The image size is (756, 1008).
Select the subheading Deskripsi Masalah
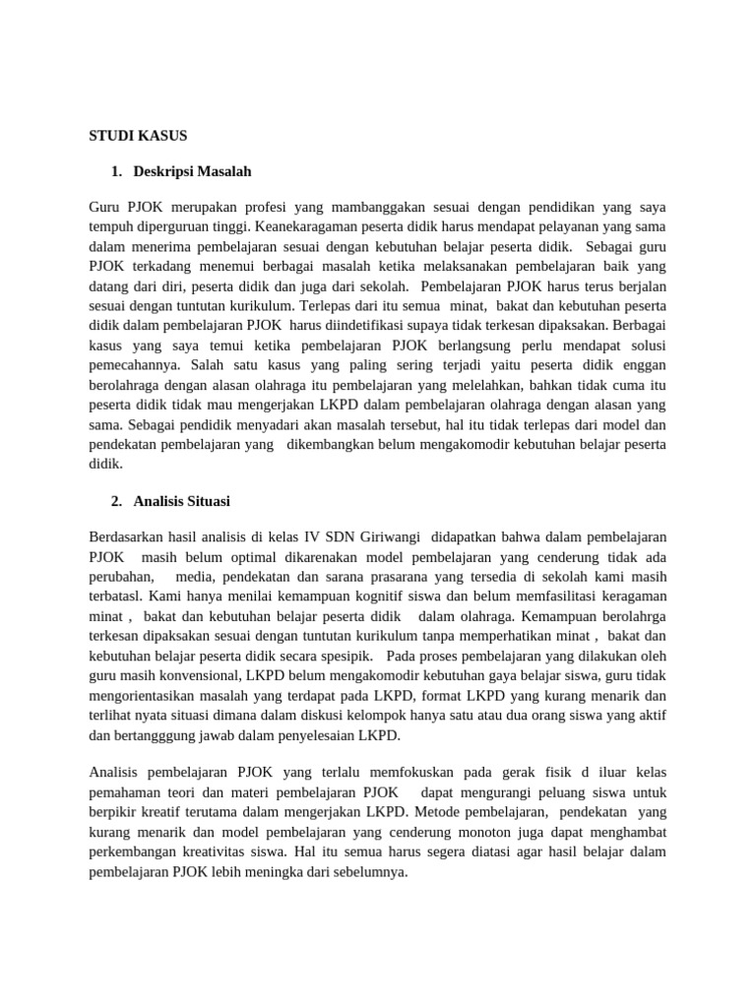(x=194, y=171)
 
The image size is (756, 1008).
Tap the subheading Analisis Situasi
(x=183, y=501)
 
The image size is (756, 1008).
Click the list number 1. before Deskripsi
(x=117, y=171)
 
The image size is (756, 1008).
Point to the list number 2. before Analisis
(x=117, y=501)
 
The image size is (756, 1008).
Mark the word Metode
(x=441, y=815)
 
